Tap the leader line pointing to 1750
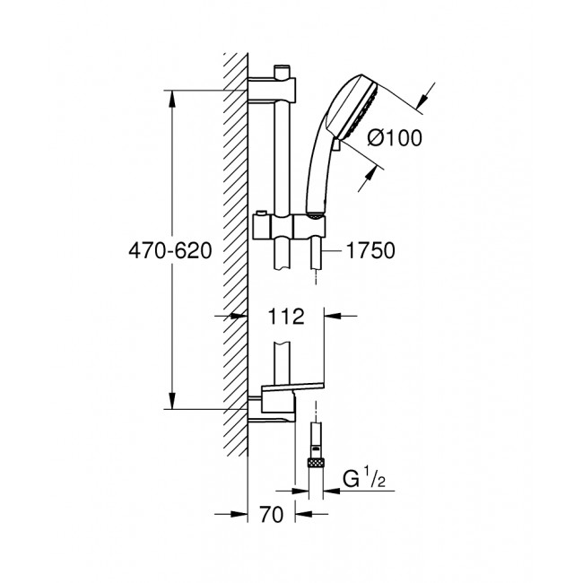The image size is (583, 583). coord(331,252)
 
